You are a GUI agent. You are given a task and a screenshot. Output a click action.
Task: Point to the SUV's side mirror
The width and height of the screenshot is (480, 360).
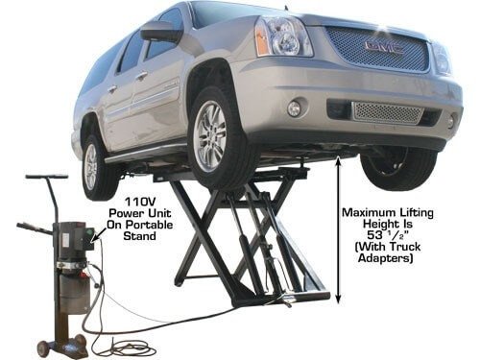(160, 33)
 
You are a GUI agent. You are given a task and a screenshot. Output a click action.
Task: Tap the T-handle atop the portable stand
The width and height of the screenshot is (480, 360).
(47, 179)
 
